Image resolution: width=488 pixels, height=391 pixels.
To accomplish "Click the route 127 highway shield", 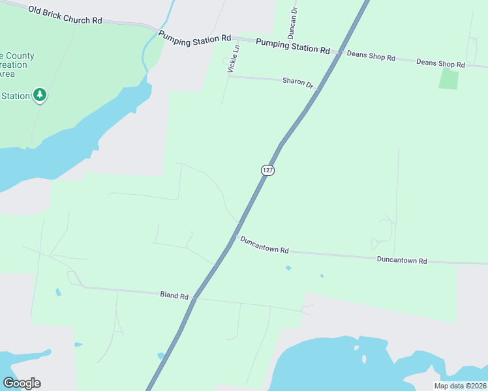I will (x=267, y=170).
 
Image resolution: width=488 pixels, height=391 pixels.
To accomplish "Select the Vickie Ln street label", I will (x=234, y=58).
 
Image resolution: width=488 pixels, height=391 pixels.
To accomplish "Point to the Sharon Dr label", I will (x=298, y=83).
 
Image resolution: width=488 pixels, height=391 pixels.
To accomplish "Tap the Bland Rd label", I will (x=174, y=295).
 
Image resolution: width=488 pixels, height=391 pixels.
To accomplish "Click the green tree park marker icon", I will (x=40, y=95).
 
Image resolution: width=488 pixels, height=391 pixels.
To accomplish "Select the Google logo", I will (x=22, y=383).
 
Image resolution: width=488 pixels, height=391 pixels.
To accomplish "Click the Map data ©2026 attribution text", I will (x=460, y=386).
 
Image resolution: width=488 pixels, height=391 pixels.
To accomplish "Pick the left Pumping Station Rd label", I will (x=195, y=39).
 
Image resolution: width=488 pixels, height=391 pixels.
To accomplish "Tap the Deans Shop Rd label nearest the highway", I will (x=371, y=56).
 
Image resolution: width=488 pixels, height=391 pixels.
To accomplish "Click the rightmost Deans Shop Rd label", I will (x=440, y=64).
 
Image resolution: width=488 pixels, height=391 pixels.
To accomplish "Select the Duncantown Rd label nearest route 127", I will (x=264, y=245).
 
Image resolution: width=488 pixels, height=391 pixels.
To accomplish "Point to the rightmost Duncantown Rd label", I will (x=402, y=259).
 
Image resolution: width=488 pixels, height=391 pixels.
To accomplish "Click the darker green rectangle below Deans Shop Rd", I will (x=448, y=78).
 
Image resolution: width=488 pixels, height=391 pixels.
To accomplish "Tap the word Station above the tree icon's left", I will (x=15, y=96).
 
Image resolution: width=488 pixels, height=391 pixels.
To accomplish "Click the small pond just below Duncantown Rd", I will (x=288, y=268).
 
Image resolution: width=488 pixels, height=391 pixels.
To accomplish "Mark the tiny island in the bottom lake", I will (x=363, y=359).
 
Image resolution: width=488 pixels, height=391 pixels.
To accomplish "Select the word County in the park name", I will (x=21, y=55).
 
